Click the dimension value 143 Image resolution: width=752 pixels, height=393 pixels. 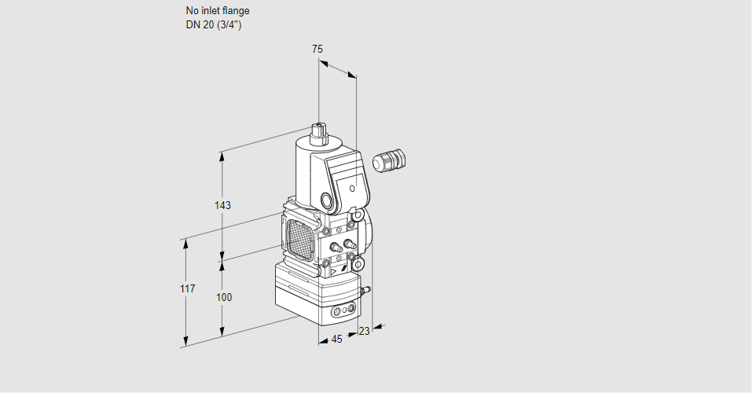pos(223,205)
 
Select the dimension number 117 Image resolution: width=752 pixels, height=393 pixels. pos(186,289)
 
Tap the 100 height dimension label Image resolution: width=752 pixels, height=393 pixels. pos(224,297)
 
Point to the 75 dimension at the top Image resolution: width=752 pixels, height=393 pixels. pos(317,49)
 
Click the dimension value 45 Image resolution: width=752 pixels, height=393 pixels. pos(336,339)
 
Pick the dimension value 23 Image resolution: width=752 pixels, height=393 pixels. pos(364,331)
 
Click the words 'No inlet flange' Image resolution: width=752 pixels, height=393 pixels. pos(218,11)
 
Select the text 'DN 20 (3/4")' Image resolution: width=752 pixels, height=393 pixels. pos(213,24)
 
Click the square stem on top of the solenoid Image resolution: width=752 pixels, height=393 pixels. pos(318,130)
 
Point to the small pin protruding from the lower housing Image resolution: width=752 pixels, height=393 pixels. pos(365,291)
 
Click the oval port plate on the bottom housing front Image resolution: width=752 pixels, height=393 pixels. pos(343,312)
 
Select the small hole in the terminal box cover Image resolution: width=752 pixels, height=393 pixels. pos(353,189)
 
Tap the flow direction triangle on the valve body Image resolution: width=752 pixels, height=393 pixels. pos(333,270)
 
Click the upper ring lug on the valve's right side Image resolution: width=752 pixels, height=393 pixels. pos(358,214)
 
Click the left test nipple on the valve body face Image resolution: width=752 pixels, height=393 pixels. pos(335,248)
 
